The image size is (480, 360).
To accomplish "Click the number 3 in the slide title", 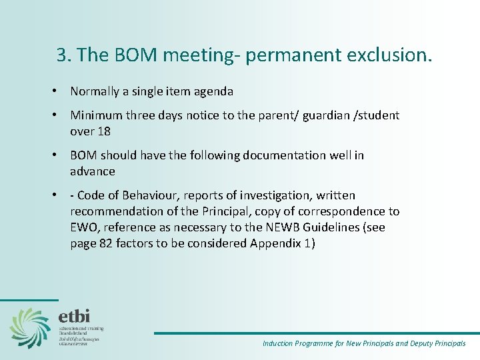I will (x=62, y=55).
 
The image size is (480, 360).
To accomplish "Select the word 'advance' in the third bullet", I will (x=93, y=171).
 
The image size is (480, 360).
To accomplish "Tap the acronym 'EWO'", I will (x=83, y=227).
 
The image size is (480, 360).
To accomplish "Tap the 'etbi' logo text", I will (x=74, y=316).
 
